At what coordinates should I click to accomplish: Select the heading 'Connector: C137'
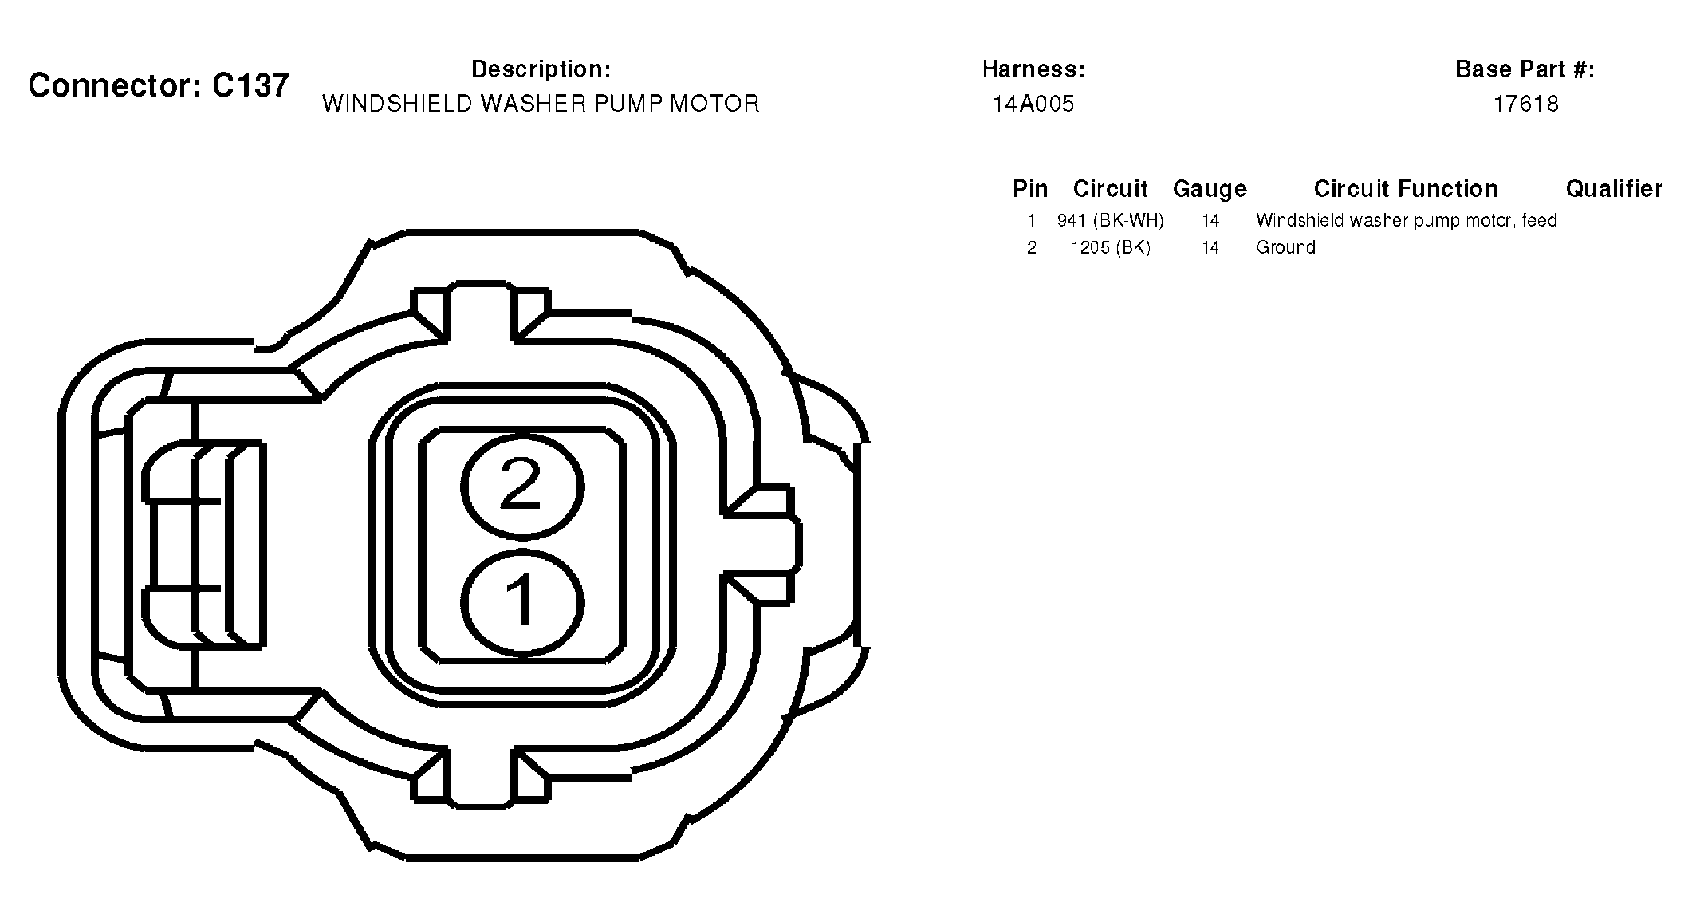click(159, 85)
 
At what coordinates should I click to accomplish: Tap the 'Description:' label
click(541, 69)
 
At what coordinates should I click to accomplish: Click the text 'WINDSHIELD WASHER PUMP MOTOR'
click(541, 104)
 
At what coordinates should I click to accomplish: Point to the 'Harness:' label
click(1033, 69)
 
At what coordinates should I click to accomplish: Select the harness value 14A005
click(1033, 104)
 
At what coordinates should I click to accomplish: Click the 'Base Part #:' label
click(1525, 69)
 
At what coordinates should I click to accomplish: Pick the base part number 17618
click(1525, 104)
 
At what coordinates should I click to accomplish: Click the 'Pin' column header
click(1030, 189)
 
